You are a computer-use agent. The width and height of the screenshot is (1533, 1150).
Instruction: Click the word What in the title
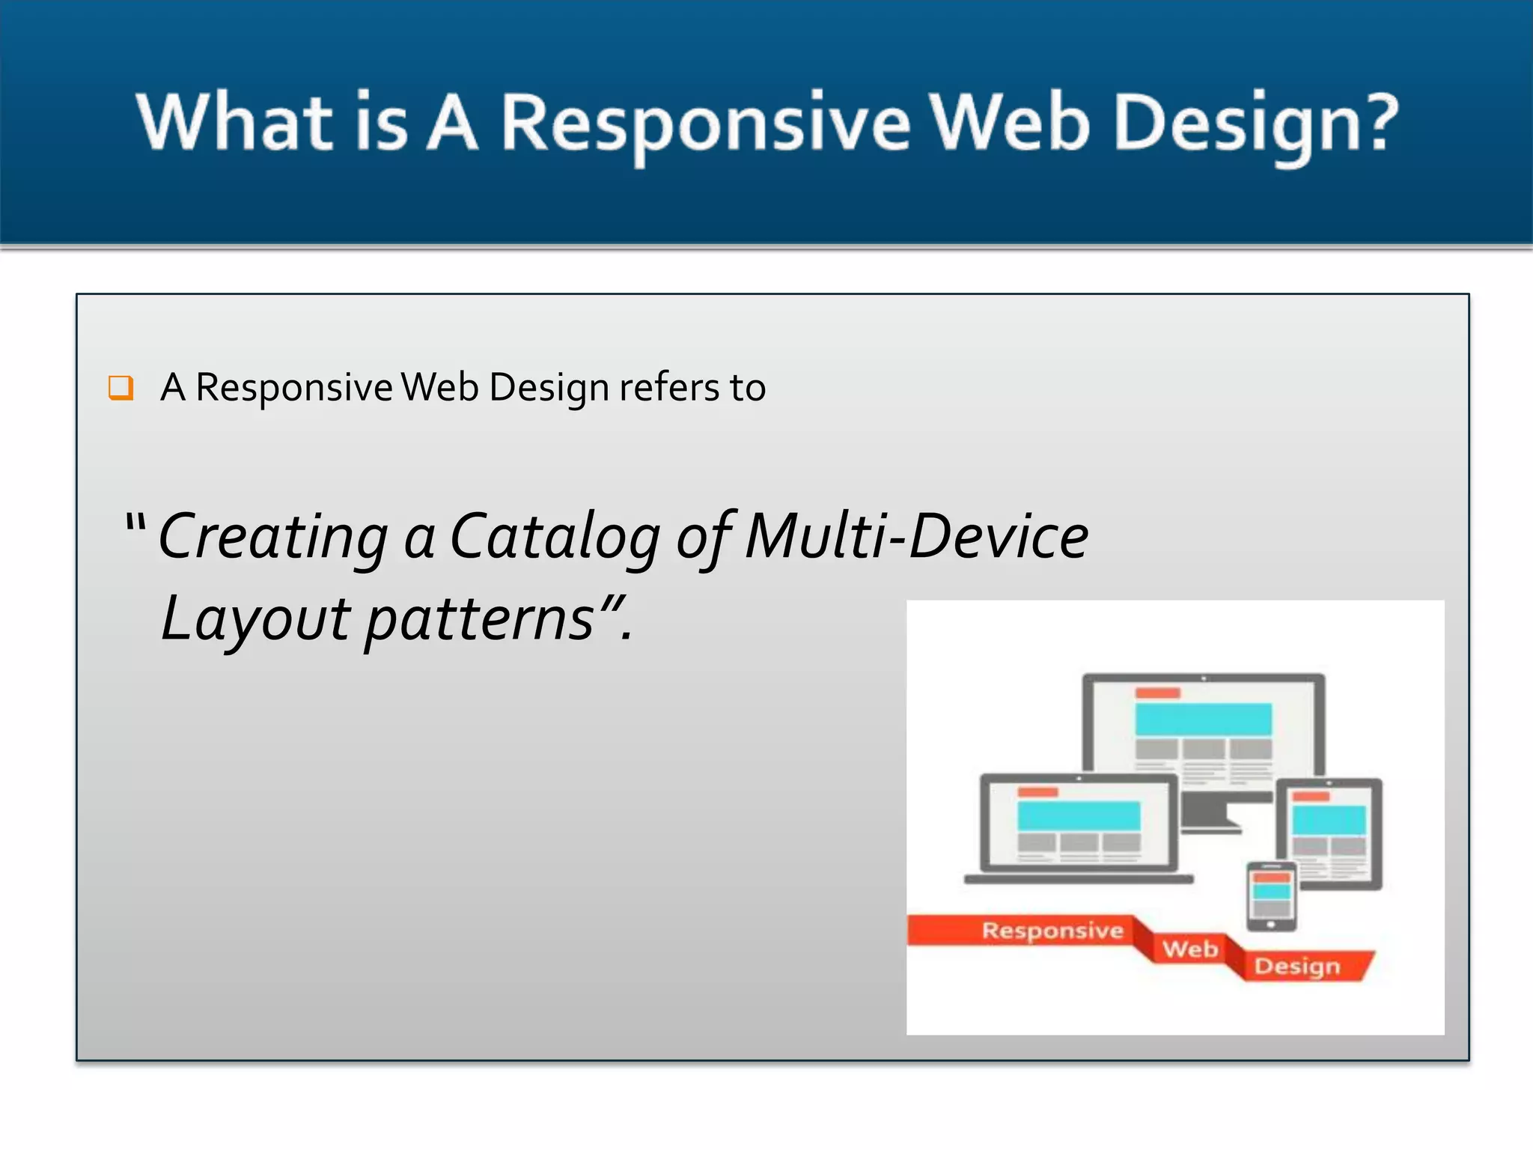pos(234,122)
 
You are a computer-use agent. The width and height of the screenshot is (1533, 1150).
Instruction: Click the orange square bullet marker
pos(121,388)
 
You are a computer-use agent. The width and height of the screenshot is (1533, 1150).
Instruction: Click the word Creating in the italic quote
pos(274,538)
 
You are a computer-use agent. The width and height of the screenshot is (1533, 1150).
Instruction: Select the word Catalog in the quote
pos(555,538)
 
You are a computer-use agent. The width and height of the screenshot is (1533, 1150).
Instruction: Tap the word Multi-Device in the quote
pos(916,536)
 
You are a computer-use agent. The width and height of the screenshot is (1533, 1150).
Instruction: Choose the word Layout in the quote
pos(255,620)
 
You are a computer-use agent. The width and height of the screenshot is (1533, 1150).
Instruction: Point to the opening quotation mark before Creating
pos(135,523)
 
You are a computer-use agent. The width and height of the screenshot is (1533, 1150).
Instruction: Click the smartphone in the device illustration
pos(1271,895)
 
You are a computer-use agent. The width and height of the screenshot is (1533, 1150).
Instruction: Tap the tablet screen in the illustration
pos(1329,833)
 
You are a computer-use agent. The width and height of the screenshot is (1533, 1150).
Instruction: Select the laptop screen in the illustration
pos(1079,824)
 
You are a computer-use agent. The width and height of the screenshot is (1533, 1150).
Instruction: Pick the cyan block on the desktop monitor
pos(1203,719)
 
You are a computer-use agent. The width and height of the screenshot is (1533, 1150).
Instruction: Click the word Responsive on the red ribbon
pos(1052,931)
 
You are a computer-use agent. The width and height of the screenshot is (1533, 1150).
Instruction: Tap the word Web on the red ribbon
pos(1190,949)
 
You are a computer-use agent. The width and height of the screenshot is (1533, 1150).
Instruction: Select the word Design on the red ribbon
pos(1297,966)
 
